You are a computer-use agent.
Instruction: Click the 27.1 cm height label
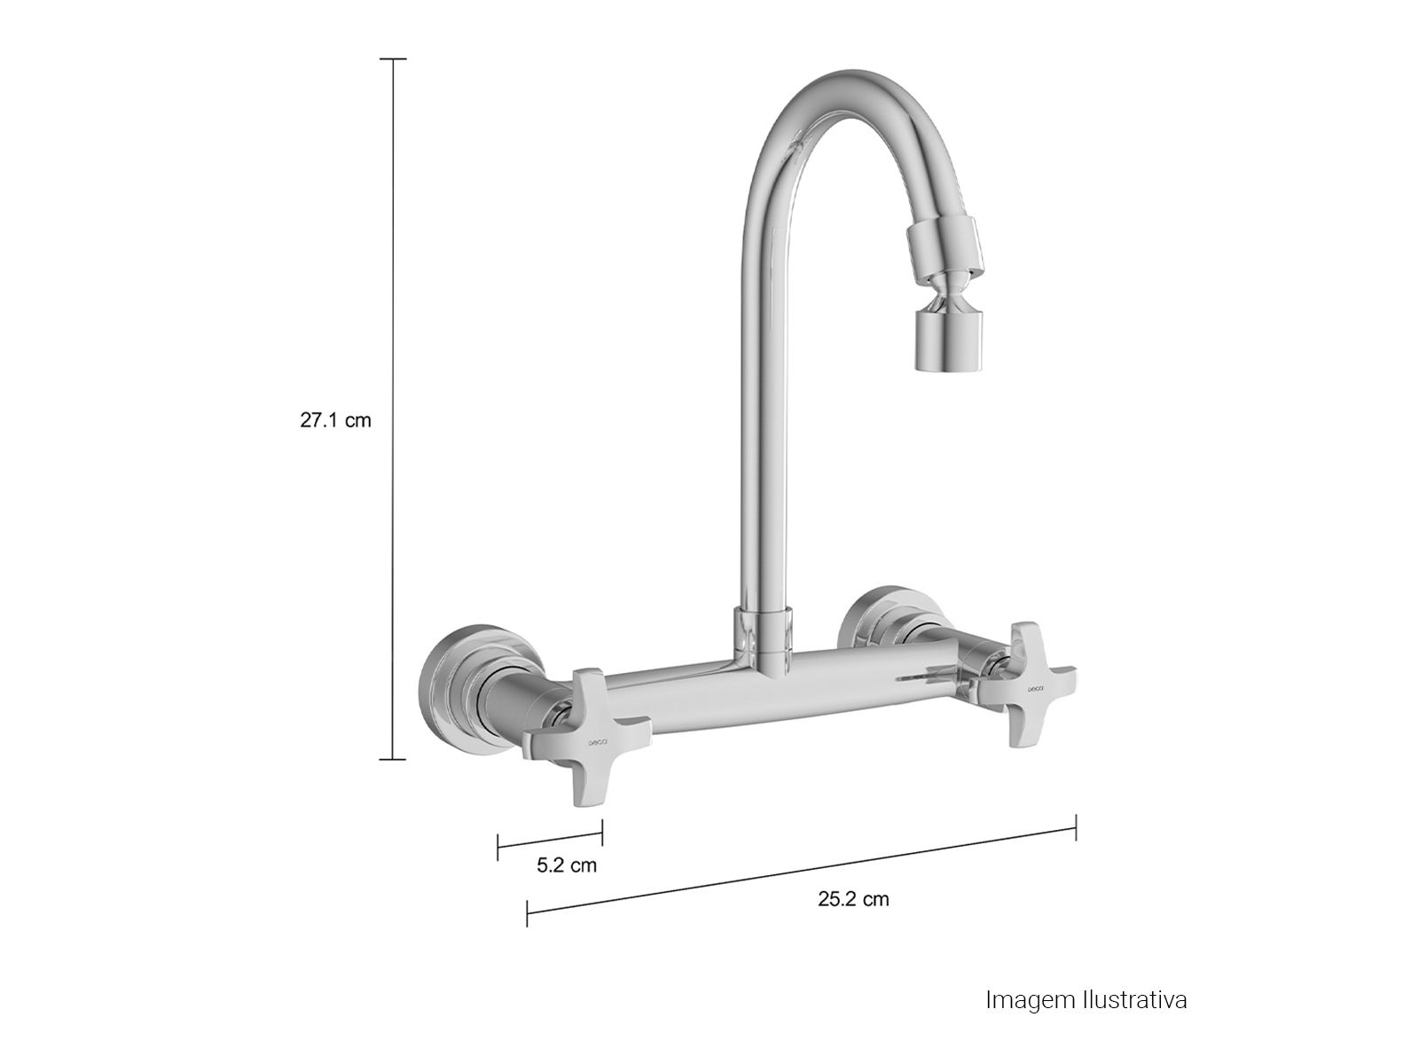click(x=335, y=420)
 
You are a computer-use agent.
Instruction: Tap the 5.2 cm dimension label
click(x=567, y=865)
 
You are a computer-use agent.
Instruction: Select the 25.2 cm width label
click(x=853, y=898)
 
